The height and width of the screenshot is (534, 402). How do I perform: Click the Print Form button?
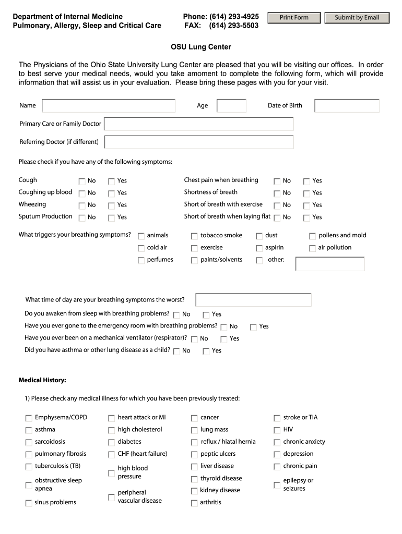(x=294, y=18)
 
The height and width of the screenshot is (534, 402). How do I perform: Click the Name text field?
(x=109, y=106)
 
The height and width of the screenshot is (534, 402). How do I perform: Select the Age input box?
(x=231, y=106)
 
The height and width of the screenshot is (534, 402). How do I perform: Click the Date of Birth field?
(x=347, y=106)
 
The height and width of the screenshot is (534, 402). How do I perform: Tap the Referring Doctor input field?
(x=199, y=142)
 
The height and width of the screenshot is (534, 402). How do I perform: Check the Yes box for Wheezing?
(x=112, y=205)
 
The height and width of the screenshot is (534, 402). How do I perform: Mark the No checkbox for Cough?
(x=82, y=181)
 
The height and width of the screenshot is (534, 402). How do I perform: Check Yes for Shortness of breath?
(x=307, y=193)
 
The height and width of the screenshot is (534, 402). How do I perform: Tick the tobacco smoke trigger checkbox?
(x=194, y=236)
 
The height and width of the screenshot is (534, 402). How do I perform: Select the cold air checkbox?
(x=141, y=248)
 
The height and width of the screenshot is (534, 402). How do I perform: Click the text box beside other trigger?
(x=330, y=263)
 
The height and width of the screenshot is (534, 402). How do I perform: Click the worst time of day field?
(x=253, y=300)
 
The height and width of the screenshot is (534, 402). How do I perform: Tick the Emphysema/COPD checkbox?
(x=29, y=418)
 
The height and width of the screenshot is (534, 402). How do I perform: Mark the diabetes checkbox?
(x=112, y=442)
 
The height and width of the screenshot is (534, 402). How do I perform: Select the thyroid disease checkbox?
(x=194, y=479)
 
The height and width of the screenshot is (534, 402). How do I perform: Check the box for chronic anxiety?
(x=277, y=442)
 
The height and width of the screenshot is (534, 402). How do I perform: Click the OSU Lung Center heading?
(x=201, y=47)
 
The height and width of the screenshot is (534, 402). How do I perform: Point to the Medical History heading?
(x=42, y=380)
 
